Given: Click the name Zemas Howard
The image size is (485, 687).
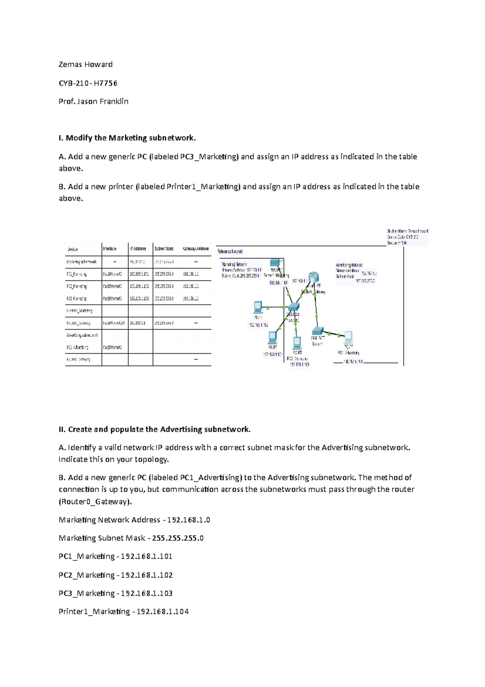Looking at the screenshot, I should point(85,64).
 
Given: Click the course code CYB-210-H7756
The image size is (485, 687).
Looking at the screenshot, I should point(88,83).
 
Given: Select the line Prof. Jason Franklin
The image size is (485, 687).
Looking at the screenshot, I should point(93,102).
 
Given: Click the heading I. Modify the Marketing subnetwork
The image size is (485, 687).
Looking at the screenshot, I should point(127,138).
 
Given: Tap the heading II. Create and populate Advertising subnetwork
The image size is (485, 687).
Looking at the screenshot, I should point(154,429).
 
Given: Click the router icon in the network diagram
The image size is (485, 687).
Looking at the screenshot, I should point(314,277).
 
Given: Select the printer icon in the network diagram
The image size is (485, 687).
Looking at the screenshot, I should point(275,263).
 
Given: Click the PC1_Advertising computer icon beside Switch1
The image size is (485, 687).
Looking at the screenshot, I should point(348,337).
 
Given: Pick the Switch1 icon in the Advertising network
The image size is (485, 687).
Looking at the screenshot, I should point(318,331).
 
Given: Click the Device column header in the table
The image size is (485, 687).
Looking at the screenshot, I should point(73,249).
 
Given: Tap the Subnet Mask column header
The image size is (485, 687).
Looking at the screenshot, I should point(164,249).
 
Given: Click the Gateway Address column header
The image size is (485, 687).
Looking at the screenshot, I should point(196,249).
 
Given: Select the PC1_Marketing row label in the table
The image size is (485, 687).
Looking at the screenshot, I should point(77,274).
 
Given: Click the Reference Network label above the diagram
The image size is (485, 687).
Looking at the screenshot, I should point(230,252).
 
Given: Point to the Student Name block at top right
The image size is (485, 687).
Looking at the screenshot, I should point(407,237).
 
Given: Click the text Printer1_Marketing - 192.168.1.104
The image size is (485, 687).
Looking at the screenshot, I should point(123,611).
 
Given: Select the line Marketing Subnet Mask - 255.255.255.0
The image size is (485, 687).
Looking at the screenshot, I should point(131,538).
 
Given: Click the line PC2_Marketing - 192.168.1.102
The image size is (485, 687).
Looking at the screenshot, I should point(116,575).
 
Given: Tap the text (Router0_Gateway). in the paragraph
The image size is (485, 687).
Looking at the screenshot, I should point(95,502).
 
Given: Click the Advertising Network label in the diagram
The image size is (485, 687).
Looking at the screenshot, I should point(349,265).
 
